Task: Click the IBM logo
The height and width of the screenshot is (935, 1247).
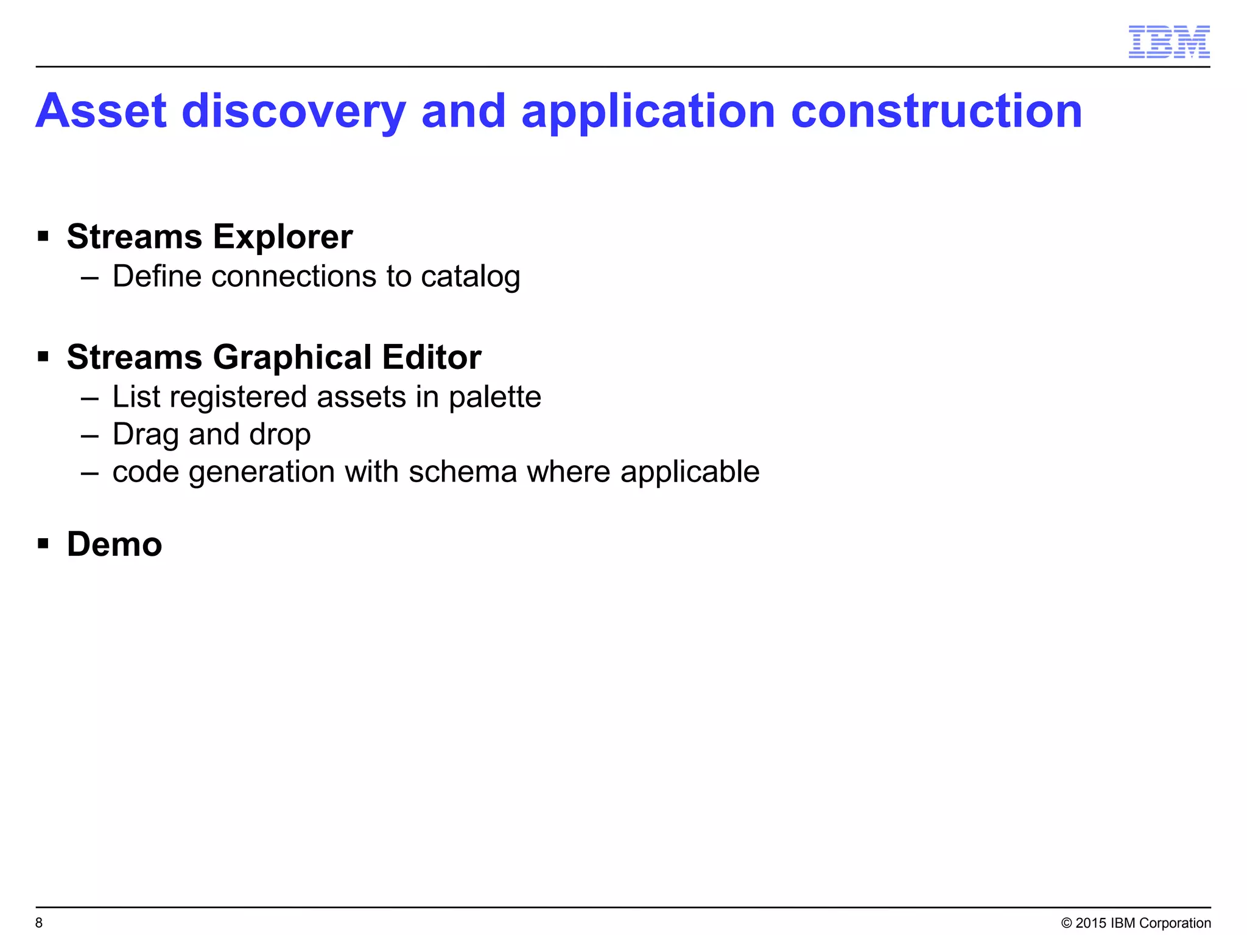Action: click(x=1168, y=42)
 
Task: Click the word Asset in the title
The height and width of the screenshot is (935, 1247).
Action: click(x=101, y=111)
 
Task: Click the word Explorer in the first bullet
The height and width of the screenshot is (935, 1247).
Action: click(x=283, y=237)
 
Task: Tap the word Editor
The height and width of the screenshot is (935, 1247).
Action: click(x=432, y=357)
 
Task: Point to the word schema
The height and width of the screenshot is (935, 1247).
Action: click(x=463, y=472)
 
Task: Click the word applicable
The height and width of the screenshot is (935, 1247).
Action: click(x=690, y=472)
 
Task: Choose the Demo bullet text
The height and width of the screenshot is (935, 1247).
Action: click(x=114, y=544)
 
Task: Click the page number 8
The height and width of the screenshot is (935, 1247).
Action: click(x=39, y=923)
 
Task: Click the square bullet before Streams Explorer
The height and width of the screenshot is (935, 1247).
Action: click(x=43, y=236)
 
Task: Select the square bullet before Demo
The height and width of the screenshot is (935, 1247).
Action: click(x=43, y=543)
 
